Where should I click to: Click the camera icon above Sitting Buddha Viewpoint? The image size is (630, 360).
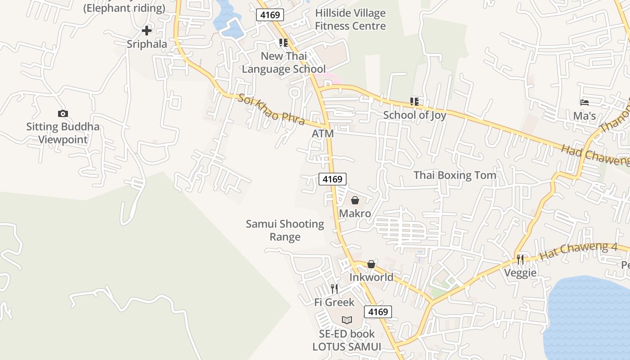pyautogui.click(x=63, y=114)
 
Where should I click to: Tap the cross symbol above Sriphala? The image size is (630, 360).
pyautogui.click(x=147, y=31)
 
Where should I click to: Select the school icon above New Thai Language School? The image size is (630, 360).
pyautogui.click(x=283, y=43)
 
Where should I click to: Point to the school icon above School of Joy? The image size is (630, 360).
pyautogui.click(x=414, y=102)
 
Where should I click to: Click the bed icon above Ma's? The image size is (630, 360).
pyautogui.click(x=585, y=103)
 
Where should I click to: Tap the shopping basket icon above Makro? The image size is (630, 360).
pyautogui.click(x=355, y=200)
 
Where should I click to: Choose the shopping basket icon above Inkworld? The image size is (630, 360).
pyautogui.click(x=371, y=264)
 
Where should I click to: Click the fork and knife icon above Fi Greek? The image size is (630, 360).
pyautogui.click(x=334, y=289)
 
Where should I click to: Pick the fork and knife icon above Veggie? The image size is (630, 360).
pyautogui.click(x=520, y=260)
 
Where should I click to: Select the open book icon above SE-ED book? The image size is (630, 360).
pyautogui.click(x=346, y=320)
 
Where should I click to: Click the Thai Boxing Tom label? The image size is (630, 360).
pyautogui.click(x=455, y=175)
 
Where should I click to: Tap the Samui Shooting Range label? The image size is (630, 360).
pyautogui.click(x=285, y=230)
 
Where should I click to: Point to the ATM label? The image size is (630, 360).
pyautogui.click(x=323, y=134)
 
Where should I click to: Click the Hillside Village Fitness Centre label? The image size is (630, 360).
pyautogui.click(x=351, y=19)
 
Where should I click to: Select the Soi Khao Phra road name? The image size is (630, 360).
pyautogui.click(x=271, y=110)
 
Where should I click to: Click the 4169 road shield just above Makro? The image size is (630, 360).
pyautogui.click(x=333, y=179)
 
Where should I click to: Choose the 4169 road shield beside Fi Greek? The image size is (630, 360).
pyautogui.click(x=378, y=312)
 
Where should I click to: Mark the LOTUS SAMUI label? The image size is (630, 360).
pyautogui.click(x=347, y=347)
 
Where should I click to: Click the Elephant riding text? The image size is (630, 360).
pyautogui.click(x=125, y=8)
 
